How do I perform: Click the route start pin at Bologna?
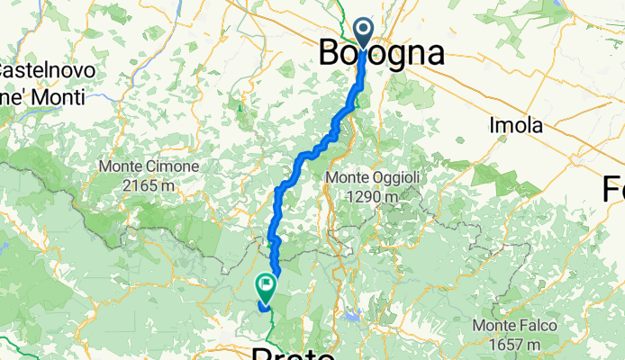pos(365,32)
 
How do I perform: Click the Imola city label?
pos(516,125)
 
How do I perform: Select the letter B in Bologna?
pos(331,54)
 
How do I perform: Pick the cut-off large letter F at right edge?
pos(615,190)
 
